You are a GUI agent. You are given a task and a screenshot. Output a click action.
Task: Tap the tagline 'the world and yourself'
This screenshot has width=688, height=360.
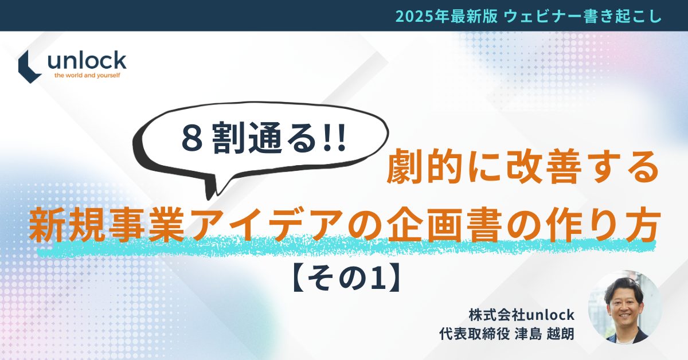[87, 75]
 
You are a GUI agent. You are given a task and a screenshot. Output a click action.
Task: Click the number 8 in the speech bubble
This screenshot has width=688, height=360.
[189, 139]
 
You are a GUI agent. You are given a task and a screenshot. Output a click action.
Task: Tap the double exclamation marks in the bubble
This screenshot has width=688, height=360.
[335, 139]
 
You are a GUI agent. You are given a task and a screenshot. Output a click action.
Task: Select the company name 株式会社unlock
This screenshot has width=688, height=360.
[521, 315]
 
